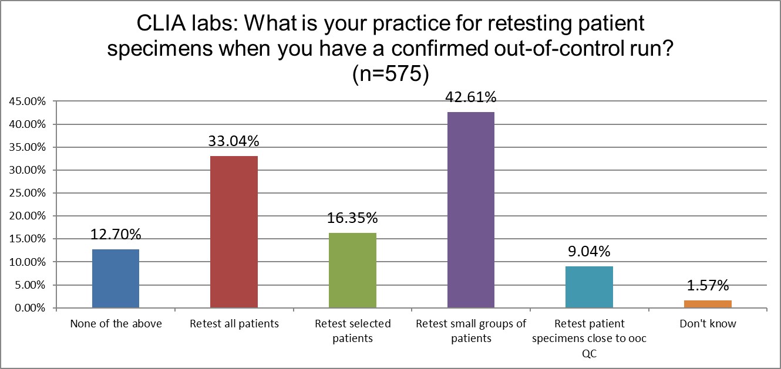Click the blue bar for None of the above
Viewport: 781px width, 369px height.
point(116,279)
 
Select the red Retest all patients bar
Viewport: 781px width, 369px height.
point(234,232)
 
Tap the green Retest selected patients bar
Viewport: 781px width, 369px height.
point(352,270)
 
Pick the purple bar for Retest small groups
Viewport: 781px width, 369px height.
point(470,210)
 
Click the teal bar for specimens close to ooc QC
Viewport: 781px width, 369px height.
point(589,287)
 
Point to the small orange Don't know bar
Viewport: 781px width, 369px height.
point(708,304)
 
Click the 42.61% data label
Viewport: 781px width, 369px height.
point(470,97)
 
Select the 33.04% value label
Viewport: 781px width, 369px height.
point(234,141)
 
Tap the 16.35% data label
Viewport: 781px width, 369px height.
point(352,218)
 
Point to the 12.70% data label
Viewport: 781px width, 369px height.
point(116,235)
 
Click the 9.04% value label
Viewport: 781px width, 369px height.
point(589,252)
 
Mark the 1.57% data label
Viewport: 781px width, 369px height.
point(708,286)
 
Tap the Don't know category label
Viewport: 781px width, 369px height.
point(708,324)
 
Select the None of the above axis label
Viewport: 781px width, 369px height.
point(116,324)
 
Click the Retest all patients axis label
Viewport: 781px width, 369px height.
point(234,324)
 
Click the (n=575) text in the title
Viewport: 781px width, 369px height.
point(390,75)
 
